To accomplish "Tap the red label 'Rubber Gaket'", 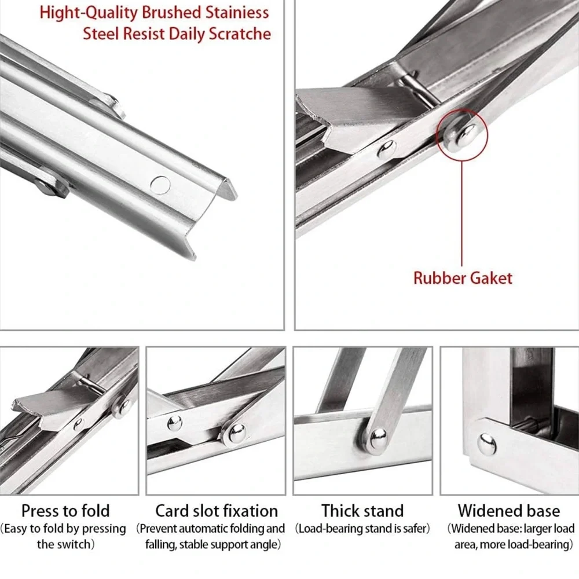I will (x=463, y=278).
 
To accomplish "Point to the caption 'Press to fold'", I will (x=65, y=511).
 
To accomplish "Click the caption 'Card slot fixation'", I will (x=217, y=511).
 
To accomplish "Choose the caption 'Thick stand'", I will (x=362, y=511).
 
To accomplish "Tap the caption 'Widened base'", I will (x=509, y=511).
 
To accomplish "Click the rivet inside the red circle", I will (x=461, y=133).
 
